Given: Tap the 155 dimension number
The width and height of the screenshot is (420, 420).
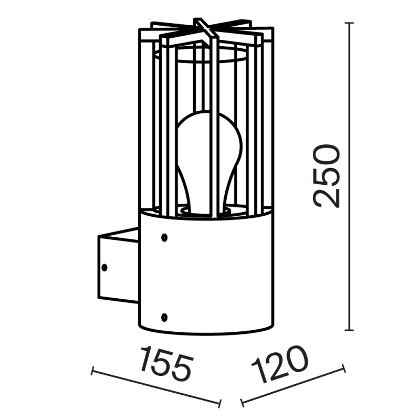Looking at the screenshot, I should tap(167, 363).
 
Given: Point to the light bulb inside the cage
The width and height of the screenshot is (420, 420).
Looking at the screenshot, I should tap(209, 157).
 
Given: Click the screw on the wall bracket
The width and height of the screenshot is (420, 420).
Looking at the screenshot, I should tap(104, 267).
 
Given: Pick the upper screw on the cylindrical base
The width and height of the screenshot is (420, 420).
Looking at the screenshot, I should tap(165, 237).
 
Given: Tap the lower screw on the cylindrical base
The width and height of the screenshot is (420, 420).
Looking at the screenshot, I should tap(165, 317).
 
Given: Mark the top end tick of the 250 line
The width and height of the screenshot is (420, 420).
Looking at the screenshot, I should tap(349, 23).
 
